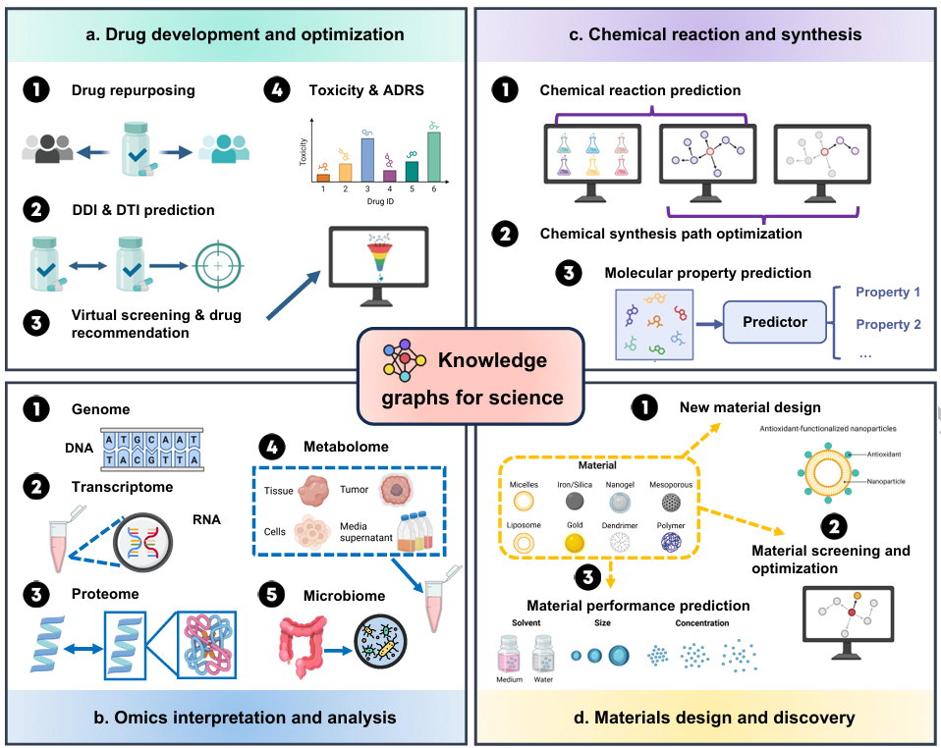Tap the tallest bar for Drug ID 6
tap(434, 158)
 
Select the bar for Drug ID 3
tap(367, 161)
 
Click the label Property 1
tap(888, 293)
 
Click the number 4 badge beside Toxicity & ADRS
tap(278, 91)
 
